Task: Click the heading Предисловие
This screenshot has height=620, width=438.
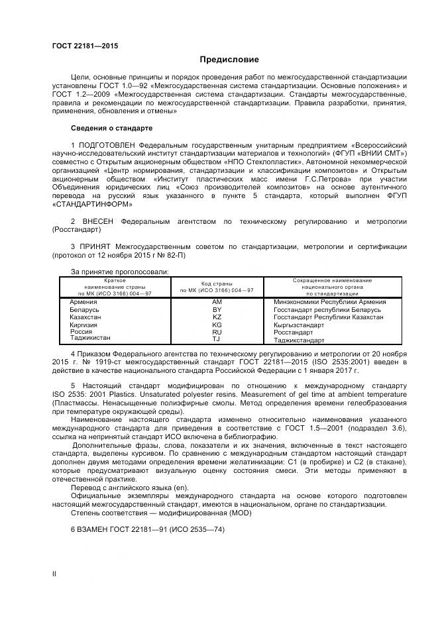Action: [219, 60]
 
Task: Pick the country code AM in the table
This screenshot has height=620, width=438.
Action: [217, 301]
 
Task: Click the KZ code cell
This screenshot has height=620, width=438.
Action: [217, 317]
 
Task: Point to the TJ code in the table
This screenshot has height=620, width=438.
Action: [216, 339]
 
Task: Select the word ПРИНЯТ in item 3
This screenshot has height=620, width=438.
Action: [97, 246]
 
